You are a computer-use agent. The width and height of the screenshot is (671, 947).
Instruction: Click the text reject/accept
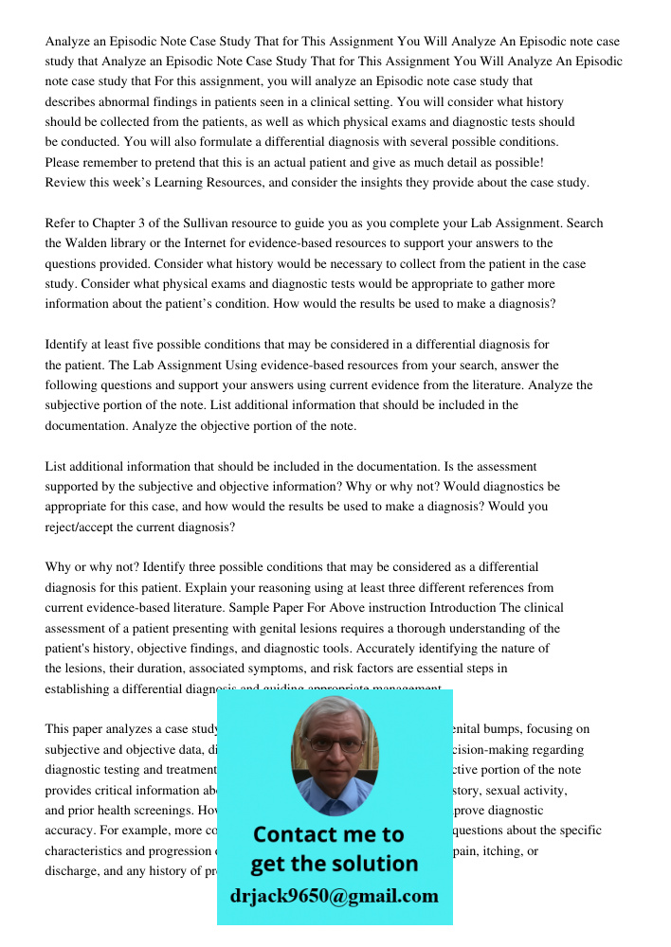click(89, 527)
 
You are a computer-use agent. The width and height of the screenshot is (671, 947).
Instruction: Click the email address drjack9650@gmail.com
click(335, 896)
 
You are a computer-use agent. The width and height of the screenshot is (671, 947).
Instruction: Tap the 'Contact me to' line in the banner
click(328, 835)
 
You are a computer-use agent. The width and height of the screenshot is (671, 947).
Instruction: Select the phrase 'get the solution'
click(334, 864)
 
